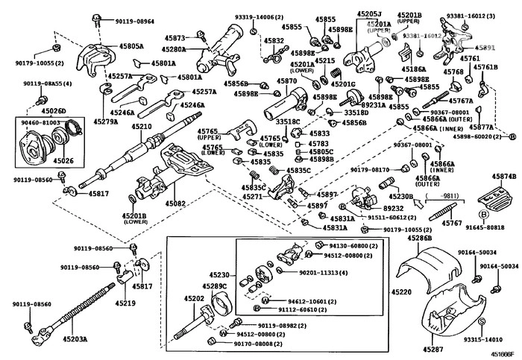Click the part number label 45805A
130,46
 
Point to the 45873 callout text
175,37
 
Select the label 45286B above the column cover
420,238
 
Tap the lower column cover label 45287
432,349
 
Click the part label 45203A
73,338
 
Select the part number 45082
175,202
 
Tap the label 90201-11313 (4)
324,274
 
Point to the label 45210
142,127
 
